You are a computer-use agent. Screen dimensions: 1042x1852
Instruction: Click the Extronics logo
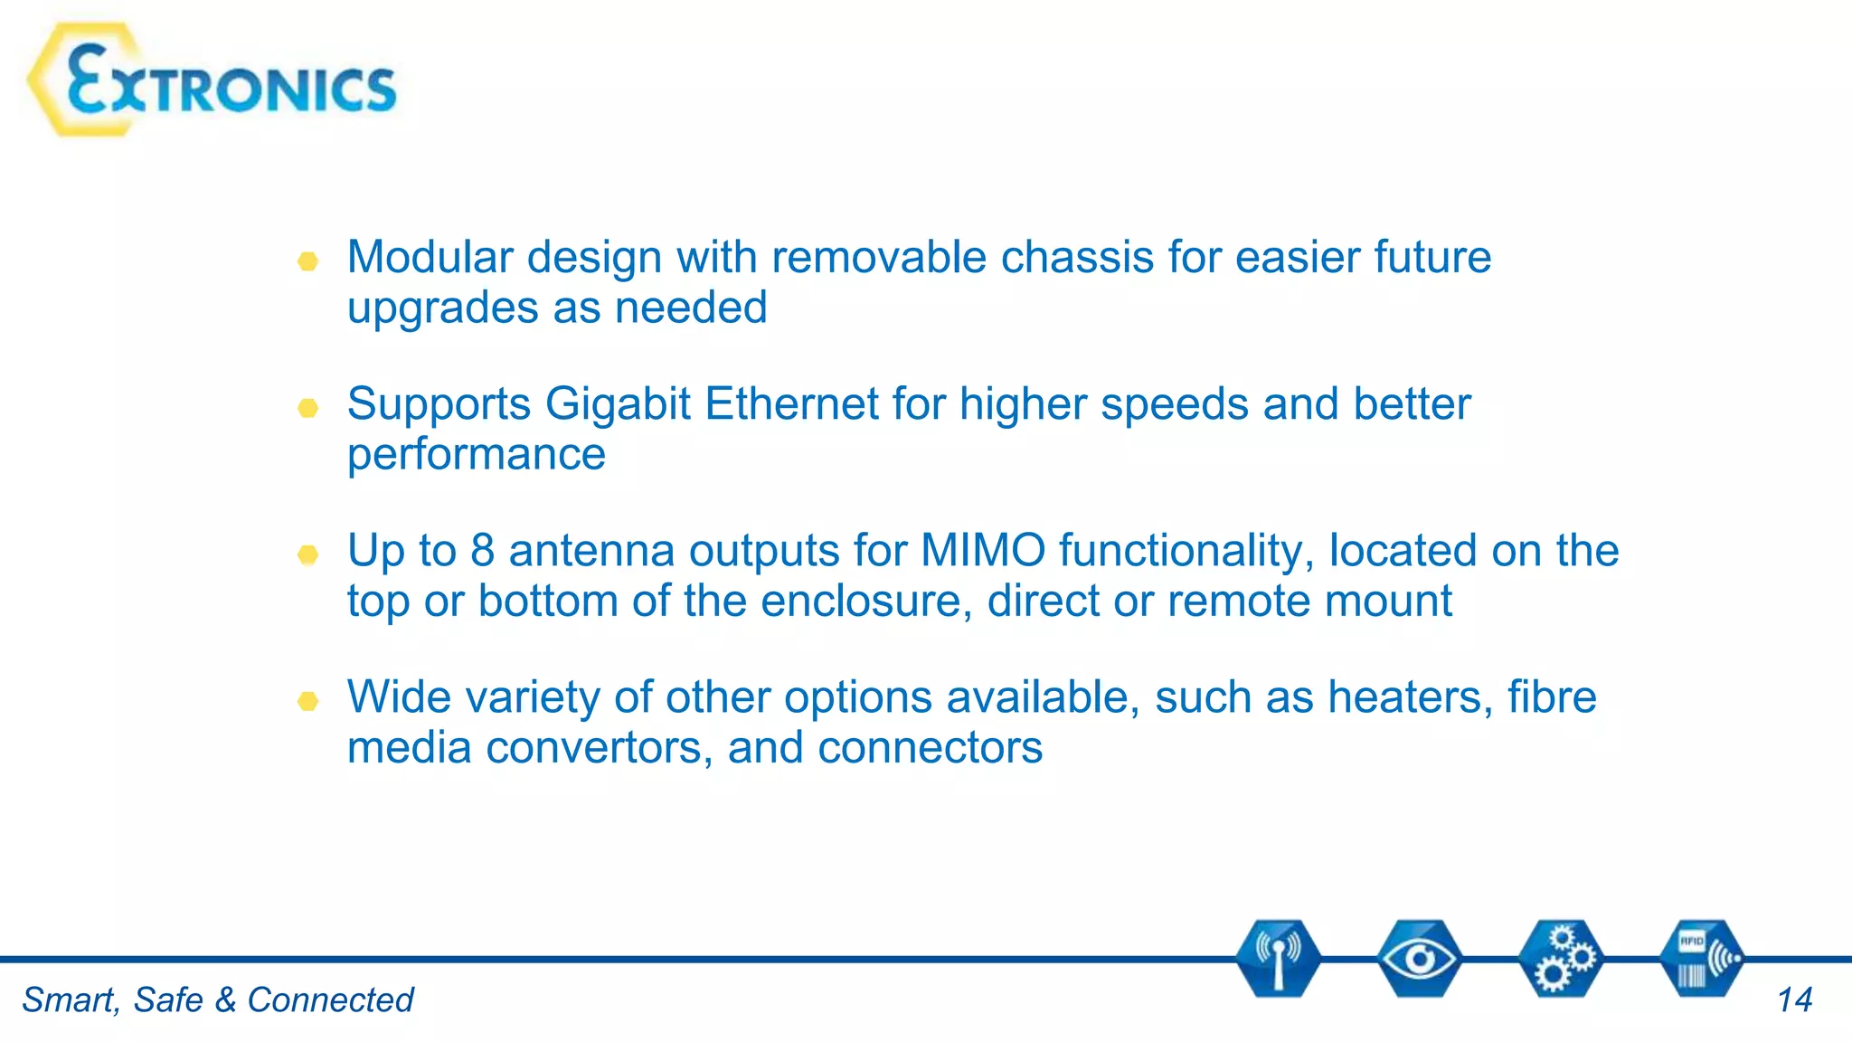(213, 81)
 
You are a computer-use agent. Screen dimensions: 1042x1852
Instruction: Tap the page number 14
(1794, 1000)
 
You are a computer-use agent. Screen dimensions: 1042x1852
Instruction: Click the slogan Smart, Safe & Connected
(217, 1000)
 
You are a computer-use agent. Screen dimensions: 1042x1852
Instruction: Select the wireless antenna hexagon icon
(1278, 959)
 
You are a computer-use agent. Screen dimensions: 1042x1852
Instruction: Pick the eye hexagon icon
(1419, 959)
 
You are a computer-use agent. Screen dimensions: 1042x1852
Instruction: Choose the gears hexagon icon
(1561, 959)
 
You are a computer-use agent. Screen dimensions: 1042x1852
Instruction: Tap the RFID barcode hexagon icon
(1702, 959)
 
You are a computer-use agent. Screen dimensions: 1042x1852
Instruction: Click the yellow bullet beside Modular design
(307, 261)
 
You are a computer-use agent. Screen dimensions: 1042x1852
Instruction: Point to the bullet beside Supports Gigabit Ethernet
(307, 408)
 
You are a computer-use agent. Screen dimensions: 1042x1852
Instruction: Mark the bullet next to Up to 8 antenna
(307, 554)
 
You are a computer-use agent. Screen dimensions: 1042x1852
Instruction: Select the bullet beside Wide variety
(307, 701)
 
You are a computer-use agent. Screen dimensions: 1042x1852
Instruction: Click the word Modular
(430, 257)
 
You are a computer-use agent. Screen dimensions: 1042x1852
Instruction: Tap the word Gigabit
(618, 403)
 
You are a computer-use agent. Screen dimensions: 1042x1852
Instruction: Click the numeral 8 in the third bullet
(483, 550)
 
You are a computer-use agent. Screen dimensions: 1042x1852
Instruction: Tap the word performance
(476, 455)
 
